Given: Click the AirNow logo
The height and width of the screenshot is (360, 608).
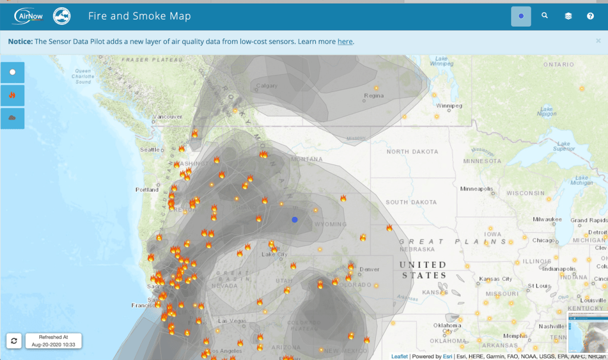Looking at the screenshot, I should click(28, 16).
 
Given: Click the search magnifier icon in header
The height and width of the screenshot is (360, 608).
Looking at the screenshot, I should click(544, 16).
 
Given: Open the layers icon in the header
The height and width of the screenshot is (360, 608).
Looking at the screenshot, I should click(568, 16).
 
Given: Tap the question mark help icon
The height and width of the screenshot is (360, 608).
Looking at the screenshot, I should click(590, 16).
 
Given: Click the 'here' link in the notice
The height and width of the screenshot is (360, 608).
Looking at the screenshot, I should click(345, 42).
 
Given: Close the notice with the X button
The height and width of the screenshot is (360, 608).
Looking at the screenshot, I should click(598, 41).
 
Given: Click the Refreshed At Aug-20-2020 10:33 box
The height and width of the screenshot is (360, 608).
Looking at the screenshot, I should click(53, 341).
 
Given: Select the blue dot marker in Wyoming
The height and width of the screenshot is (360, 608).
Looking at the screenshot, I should click(294, 220).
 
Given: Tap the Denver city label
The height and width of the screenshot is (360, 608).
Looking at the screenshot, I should click(369, 269).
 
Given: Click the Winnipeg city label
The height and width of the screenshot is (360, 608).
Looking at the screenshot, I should click(449, 106).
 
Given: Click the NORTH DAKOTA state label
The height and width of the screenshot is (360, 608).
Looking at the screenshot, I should click(412, 151).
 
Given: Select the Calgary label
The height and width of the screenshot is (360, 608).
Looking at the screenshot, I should click(267, 86).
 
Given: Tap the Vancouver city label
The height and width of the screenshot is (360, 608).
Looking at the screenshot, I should click(168, 116).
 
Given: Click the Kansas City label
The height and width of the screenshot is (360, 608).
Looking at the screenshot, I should click(495, 279).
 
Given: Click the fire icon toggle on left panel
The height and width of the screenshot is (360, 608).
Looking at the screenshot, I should click(12, 95).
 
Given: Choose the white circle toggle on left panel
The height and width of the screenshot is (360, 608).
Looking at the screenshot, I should click(12, 72).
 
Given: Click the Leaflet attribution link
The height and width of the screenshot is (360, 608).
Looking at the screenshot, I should click(399, 356).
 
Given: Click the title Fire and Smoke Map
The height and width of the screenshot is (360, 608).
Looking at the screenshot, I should click(140, 16).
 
